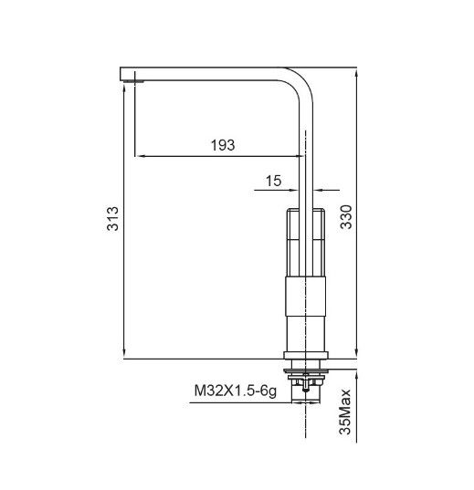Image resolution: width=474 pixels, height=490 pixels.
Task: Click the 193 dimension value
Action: tap(222, 144)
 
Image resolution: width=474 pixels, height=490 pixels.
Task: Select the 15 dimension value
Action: tap(273, 181)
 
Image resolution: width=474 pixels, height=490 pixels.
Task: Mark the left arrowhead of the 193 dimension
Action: tap(140, 156)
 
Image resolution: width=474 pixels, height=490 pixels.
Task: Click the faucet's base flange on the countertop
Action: tap(307, 354)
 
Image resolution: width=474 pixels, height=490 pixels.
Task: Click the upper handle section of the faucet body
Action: tap(307, 242)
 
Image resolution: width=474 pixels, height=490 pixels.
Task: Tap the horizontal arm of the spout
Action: tap(210, 73)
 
